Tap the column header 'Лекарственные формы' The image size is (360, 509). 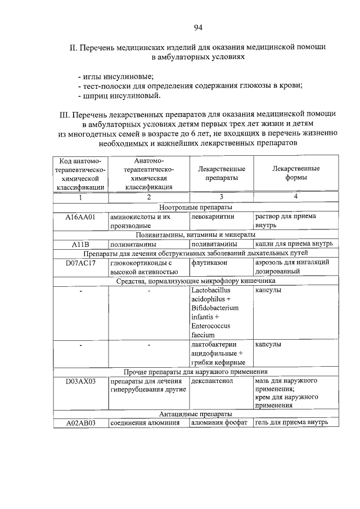pyautogui.click(x=296, y=173)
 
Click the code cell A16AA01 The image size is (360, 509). pyautogui.click(x=80, y=217)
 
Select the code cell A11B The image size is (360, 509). pyautogui.click(x=80, y=244)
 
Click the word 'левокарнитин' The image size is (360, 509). pyautogui.click(x=213, y=217)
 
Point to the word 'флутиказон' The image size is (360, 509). pyautogui.click(x=209, y=262)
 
